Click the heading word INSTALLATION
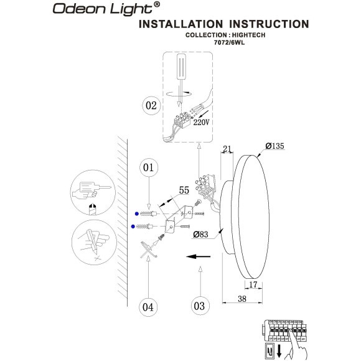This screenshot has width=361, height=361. pyautogui.click(x=183, y=24)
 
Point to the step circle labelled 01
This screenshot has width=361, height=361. pyautogui.click(x=149, y=167)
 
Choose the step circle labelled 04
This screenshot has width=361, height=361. pyautogui.click(x=148, y=307)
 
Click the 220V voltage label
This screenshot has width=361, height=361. pyautogui.click(x=202, y=123)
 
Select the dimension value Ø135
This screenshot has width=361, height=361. pyautogui.click(x=274, y=146)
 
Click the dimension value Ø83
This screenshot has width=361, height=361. pyautogui.click(x=200, y=235)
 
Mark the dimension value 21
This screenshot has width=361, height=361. pyautogui.click(x=227, y=149)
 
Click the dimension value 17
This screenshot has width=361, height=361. pyautogui.click(x=253, y=285)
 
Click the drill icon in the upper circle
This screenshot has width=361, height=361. pyautogui.click(x=90, y=190)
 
